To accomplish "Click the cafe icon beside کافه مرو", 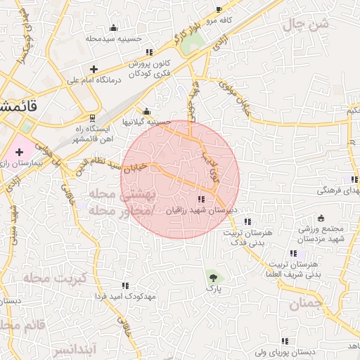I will coord(219,10).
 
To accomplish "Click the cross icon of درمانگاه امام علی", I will coord(94,69).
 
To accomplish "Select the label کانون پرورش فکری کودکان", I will coord(150,68).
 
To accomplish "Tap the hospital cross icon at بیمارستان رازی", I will coord(19,152).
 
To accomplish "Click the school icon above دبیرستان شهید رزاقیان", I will coord(202,199).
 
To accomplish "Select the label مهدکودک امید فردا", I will coord(129,296).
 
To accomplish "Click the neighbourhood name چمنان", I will coord(304,304).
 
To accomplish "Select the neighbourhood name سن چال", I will coord(307,25).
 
